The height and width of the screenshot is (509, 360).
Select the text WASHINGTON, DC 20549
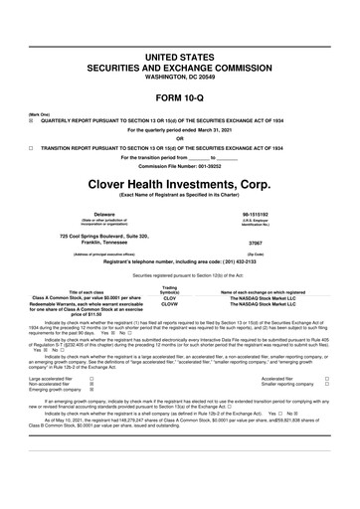tap(180, 78)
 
